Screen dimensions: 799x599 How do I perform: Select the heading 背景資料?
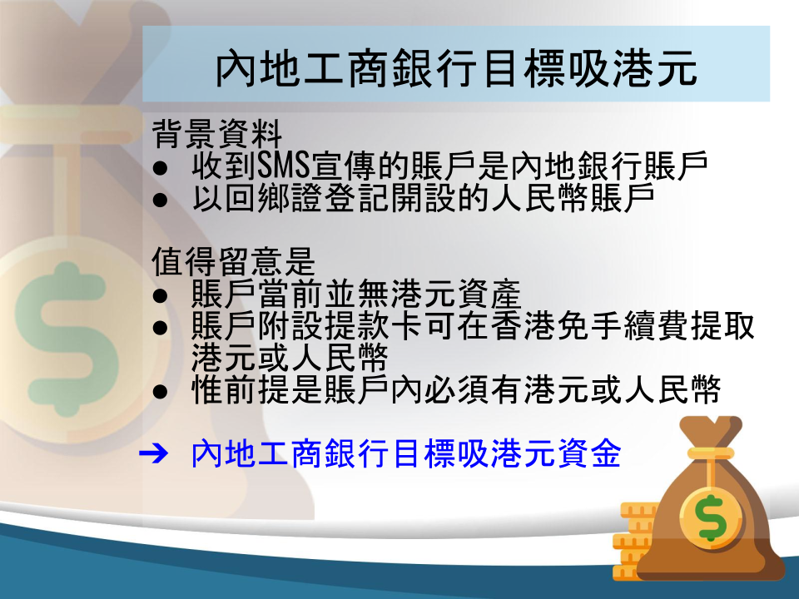(x=217, y=134)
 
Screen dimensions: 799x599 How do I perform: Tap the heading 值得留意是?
(x=233, y=261)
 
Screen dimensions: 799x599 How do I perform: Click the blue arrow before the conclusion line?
(x=153, y=453)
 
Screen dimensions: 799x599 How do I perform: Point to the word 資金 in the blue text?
(x=589, y=453)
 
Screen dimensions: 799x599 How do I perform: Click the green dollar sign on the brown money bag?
(x=712, y=517)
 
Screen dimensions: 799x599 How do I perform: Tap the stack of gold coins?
(x=633, y=541)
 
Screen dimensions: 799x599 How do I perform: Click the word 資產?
(x=489, y=294)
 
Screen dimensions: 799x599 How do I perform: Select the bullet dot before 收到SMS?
(x=160, y=169)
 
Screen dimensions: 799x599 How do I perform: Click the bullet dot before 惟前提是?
(x=160, y=392)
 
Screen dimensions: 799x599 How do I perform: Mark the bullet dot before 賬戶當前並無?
(x=160, y=296)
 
